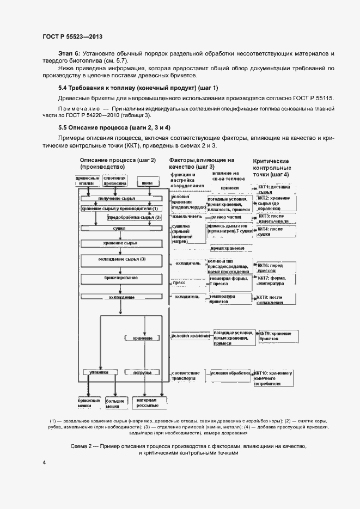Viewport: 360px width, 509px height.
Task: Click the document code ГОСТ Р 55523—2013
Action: click(x=72, y=36)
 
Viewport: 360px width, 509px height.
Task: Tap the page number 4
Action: click(x=44, y=462)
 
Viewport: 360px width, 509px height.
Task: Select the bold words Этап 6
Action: click(x=69, y=53)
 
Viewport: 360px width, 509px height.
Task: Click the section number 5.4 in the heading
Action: click(x=63, y=88)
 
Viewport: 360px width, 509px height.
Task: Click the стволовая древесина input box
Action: click(x=114, y=181)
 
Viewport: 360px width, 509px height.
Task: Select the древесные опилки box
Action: click(x=86, y=181)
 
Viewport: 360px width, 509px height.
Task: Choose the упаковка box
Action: click(x=99, y=372)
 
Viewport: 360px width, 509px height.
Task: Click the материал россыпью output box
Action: click(x=148, y=402)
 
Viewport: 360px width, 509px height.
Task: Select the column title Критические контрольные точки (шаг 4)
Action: click(x=272, y=168)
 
